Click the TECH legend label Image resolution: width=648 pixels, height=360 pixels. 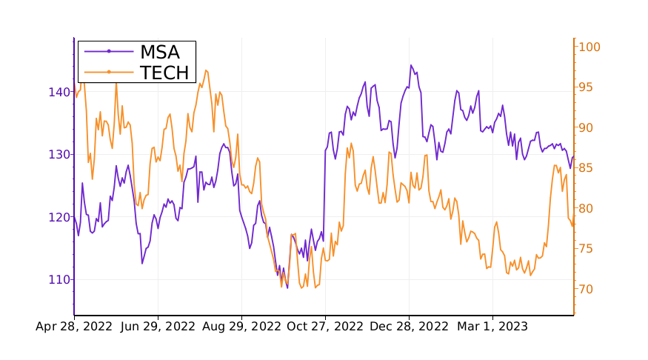pyautogui.click(x=164, y=73)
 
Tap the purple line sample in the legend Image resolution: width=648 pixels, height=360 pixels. pyautogui.click(x=109, y=52)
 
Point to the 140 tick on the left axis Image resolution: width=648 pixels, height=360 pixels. pyautogui.click(x=59, y=92)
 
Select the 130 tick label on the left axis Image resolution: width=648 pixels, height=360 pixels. pyautogui.click(x=59, y=155)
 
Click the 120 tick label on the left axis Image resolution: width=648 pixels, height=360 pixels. pyautogui.click(x=59, y=217)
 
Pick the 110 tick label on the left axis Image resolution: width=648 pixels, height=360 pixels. pyautogui.click(x=59, y=280)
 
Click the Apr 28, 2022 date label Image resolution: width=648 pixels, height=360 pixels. pyautogui.click(x=74, y=327)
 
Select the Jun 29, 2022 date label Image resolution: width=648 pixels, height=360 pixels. pyautogui.click(x=158, y=327)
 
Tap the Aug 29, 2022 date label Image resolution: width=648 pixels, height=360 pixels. pyautogui.click(x=241, y=327)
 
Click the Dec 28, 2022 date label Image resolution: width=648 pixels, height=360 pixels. pyautogui.click(x=410, y=327)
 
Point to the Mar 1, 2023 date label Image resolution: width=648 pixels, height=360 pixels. pyautogui.click(x=492, y=327)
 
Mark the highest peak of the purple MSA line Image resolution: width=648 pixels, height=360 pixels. pyautogui.click(x=411, y=65)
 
